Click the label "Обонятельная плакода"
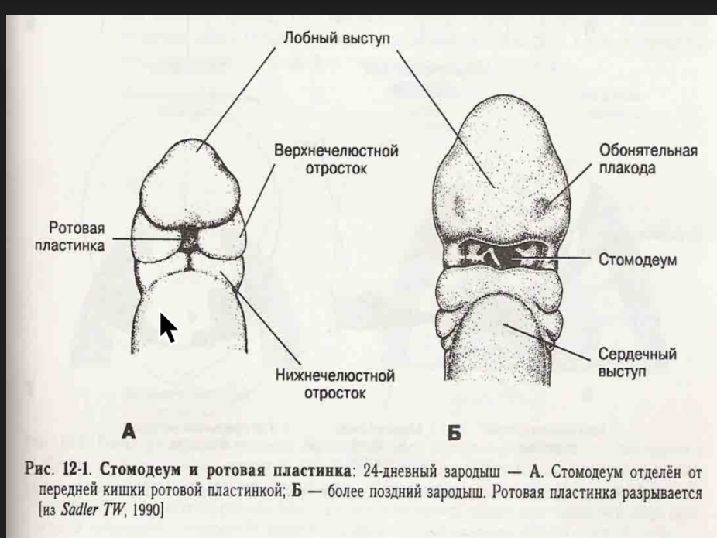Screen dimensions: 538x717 pyautogui.click(x=648, y=159)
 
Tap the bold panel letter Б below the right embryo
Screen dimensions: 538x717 pyautogui.click(x=454, y=433)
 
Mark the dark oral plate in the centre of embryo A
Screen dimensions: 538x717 pyautogui.click(x=188, y=242)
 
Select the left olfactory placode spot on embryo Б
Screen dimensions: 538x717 pyautogui.click(x=460, y=204)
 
